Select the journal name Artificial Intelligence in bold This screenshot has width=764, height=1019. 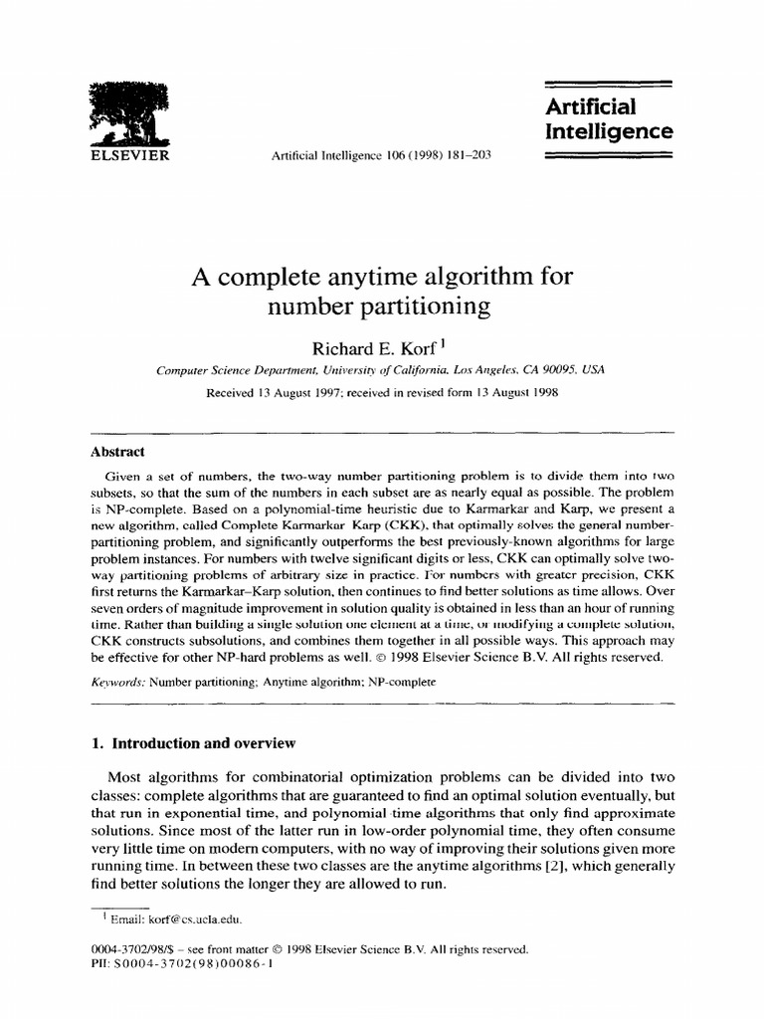[x=609, y=118]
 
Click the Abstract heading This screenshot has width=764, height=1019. [x=117, y=451]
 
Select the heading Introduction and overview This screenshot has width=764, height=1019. [x=205, y=743]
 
